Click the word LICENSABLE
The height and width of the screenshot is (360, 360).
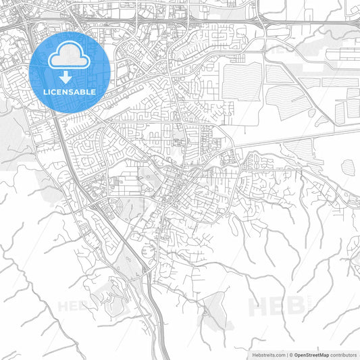(x=70, y=91)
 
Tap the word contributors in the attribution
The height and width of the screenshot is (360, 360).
(x=344, y=355)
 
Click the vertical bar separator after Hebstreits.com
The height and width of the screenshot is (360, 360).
(x=286, y=355)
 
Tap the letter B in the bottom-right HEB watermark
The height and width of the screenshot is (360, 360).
(x=294, y=306)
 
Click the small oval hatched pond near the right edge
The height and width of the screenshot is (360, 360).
(x=349, y=166)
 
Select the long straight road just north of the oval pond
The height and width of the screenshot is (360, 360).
(x=297, y=144)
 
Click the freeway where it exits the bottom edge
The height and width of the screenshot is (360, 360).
(x=162, y=355)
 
